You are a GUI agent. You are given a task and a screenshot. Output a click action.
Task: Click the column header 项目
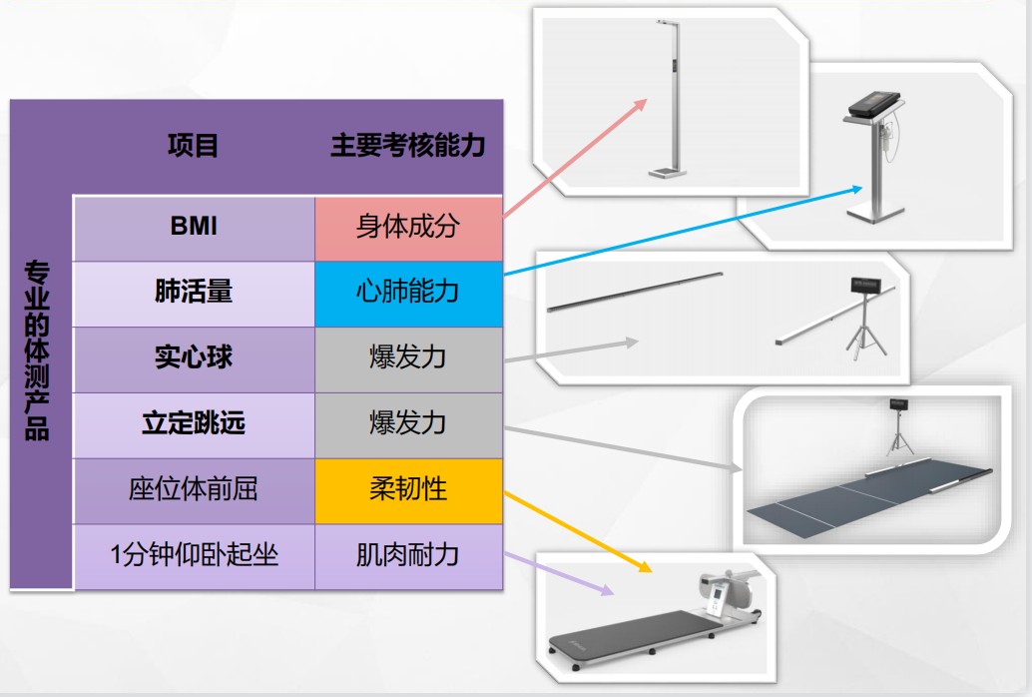coord(193,146)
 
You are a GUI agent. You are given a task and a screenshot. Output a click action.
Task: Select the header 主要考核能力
coord(407,146)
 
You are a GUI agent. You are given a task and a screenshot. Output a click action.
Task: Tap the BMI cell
coord(194,227)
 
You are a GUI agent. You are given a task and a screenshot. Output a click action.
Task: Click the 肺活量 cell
coord(194,292)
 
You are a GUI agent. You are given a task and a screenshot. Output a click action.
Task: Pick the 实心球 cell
coord(194,357)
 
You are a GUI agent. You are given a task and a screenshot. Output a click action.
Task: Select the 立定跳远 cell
coord(194,423)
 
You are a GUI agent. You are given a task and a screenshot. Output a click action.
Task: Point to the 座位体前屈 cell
coord(194,489)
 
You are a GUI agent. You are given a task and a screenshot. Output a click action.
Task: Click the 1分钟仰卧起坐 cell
coord(194,555)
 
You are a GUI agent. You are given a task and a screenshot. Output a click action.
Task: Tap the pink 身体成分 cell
coord(408,227)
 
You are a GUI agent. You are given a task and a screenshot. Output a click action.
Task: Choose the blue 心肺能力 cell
coord(408,292)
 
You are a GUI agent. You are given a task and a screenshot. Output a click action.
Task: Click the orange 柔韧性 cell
coord(408,489)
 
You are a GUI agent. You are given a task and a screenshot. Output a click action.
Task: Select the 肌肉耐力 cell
coord(408,555)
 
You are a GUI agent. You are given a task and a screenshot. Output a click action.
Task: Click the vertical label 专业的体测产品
coord(38,349)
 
